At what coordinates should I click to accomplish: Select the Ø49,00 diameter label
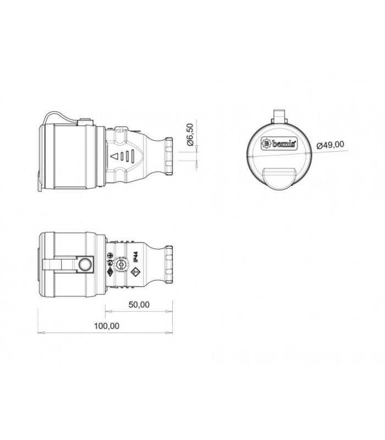pos(331,145)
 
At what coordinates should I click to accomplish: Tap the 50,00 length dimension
pos(139,304)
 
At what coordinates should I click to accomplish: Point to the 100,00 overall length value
pos(107,326)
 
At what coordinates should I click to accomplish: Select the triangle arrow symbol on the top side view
pos(115,156)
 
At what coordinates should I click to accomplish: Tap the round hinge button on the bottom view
pos(85,266)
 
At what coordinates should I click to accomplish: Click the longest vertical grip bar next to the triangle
pos(133,156)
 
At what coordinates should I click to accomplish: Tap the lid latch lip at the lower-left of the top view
pos(40,184)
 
